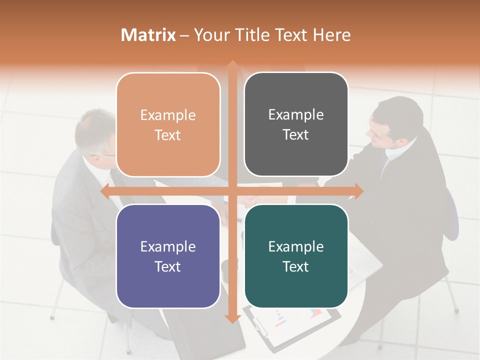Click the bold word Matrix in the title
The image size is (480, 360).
[x=148, y=35]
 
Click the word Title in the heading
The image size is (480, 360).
[x=255, y=35]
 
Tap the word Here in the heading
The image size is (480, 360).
[x=331, y=35]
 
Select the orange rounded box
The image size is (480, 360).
[x=168, y=124]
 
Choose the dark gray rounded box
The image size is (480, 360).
[x=296, y=124]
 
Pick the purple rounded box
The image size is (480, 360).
[x=168, y=256]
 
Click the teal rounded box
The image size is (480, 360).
[x=296, y=256]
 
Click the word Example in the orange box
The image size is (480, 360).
[x=168, y=115]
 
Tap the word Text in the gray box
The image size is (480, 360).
[x=296, y=135]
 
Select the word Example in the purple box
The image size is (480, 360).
[x=168, y=246]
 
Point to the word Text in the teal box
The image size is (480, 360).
[x=296, y=267]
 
